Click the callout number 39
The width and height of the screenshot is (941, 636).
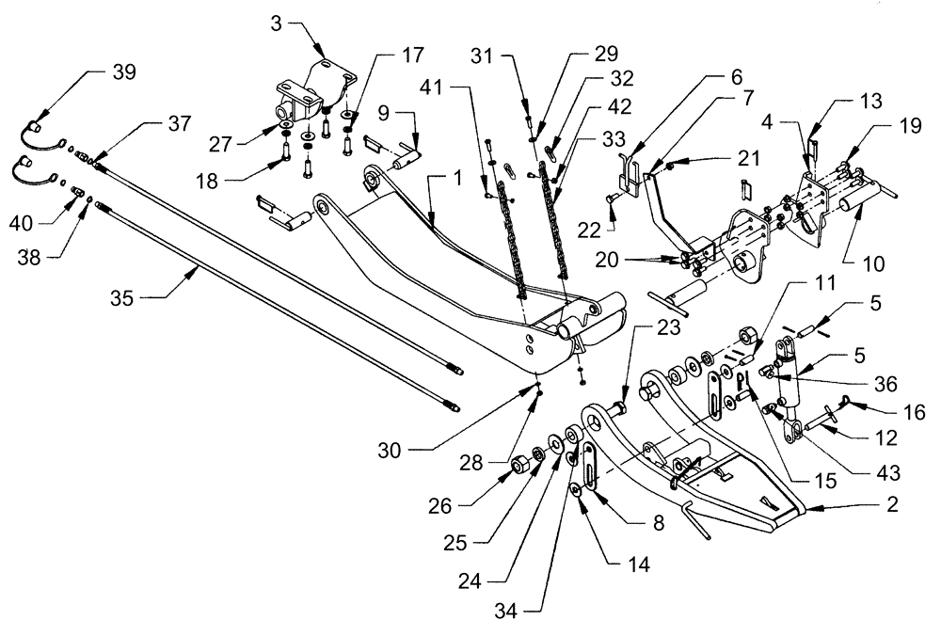coord(122,72)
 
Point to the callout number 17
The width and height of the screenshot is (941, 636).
coord(388,55)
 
